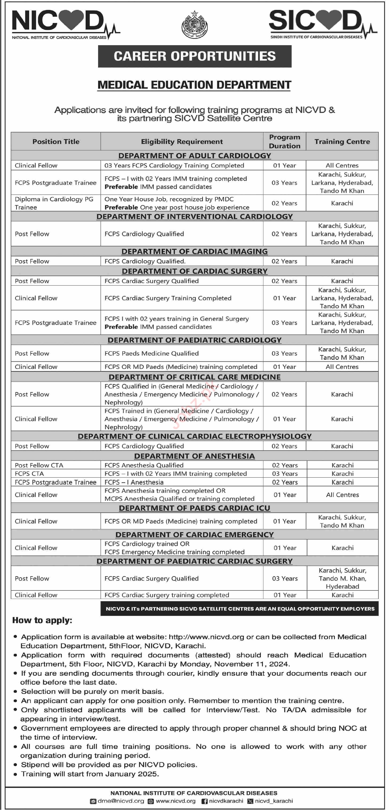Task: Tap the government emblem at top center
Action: point(194,25)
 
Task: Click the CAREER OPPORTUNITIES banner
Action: point(194,56)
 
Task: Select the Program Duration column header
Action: point(284,141)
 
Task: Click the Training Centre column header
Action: point(342,141)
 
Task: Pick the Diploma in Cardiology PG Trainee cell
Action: point(54,203)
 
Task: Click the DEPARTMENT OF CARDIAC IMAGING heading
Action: point(194,252)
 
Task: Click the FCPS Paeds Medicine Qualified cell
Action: point(151,353)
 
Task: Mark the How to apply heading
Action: point(42,620)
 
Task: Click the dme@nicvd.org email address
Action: point(121,801)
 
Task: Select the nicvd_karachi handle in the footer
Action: point(274,801)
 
